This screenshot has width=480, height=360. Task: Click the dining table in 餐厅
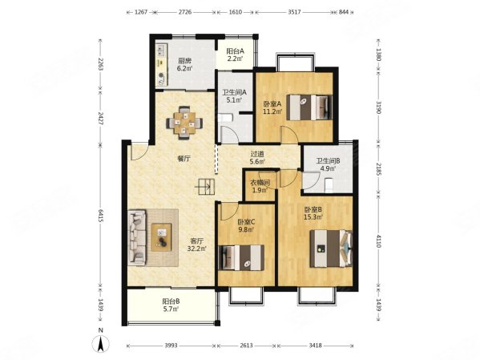tap(184, 123)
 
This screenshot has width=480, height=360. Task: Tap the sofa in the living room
tap(137, 237)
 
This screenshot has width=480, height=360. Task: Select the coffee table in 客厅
tap(162, 237)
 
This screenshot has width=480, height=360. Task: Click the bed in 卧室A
tap(309, 107)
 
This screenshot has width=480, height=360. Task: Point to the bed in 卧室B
tap(331, 249)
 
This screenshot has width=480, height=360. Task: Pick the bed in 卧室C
tap(242, 257)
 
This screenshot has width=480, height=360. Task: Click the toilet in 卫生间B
tap(329, 186)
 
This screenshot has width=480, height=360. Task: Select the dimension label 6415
tap(100, 216)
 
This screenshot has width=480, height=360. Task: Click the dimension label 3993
tap(171, 346)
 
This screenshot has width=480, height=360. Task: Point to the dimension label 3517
tap(294, 12)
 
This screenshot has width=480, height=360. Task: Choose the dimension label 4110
tap(379, 241)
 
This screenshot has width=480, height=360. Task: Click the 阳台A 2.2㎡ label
tap(235, 55)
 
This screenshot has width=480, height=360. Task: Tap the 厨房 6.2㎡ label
tap(184, 64)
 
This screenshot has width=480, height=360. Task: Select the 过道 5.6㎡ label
tap(257, 158)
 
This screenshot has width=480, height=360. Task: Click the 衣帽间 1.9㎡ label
tap(260, 187)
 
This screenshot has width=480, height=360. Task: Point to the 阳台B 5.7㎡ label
tap(171, 305)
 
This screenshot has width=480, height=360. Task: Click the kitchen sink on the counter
tap(161, 51)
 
